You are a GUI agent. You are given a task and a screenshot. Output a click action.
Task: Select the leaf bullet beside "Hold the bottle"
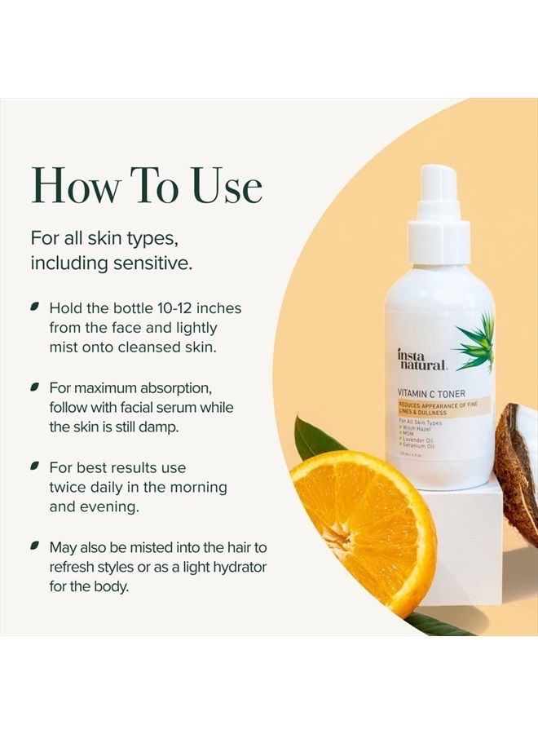point(35,307)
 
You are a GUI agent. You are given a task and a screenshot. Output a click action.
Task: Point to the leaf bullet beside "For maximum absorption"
point(35,386)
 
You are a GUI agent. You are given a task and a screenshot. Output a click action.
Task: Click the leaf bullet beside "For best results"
point(35,466)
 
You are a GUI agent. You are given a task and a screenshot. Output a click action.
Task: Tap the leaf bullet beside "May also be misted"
point(35,545)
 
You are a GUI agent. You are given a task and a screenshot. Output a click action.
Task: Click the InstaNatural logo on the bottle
point(421,360)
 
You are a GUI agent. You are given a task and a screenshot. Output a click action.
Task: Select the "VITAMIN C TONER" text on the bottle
point(433,392)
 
